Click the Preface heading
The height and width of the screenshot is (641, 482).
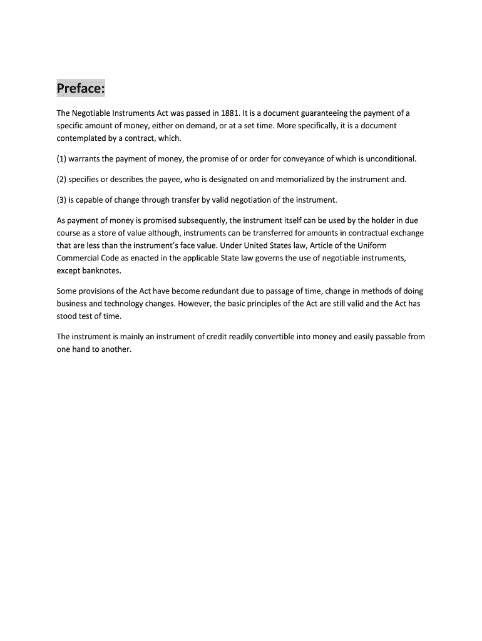pyautogui.click(x=81, y=88)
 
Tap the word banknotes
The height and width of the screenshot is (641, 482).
pyautogui.click(x=99, y=270)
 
